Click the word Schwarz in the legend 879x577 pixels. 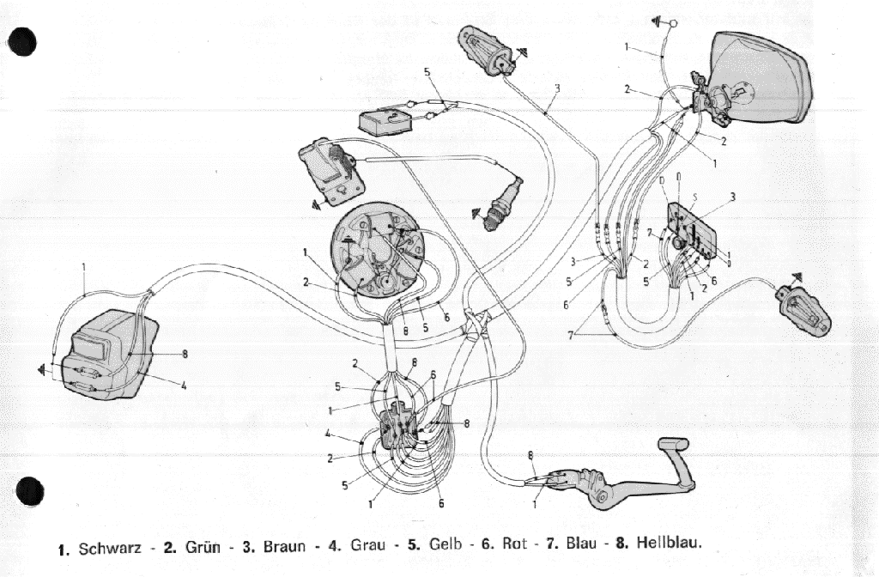[111, 546]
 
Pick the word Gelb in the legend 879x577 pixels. [446, 546]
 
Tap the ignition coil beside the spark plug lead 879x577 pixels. [330, 168]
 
